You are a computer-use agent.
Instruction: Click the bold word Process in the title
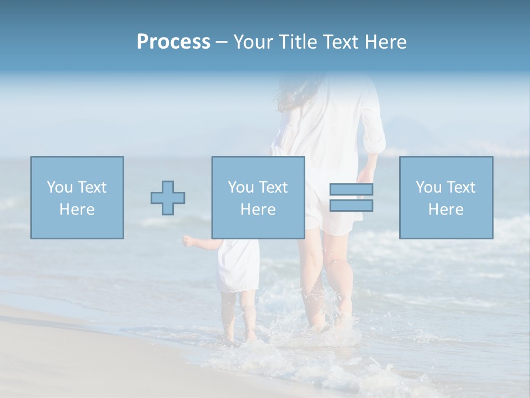tap(173, 42)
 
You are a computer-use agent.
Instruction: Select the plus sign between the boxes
tap(168, 198)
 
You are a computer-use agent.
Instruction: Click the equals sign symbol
tap(351, 197)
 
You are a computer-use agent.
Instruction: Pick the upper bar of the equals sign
tap(351, 189)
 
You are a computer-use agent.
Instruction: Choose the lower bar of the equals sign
tap(351, 206)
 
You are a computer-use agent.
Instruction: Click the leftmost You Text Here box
tap(77, 197)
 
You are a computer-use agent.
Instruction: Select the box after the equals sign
tap(446, 197)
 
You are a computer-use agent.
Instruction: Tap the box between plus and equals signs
tap(258, 197)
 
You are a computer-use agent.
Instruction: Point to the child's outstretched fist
tap(188, 241)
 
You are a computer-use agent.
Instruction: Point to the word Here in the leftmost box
tap(77, 210)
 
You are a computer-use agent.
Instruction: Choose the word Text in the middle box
tap(273, 187)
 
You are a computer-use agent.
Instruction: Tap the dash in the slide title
tap(221, 42)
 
